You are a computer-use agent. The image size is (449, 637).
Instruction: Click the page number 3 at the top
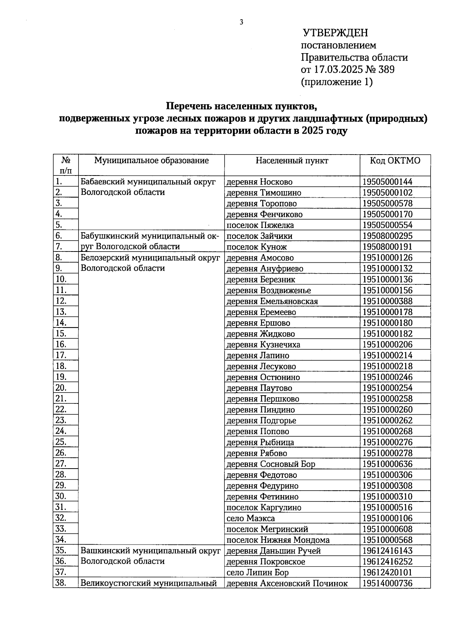click(241, 22)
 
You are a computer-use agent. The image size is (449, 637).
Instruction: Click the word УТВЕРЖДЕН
click(335, 33)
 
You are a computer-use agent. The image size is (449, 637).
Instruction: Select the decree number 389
click(387, 70)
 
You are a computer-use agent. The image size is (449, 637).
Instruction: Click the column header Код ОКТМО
click(395, 161)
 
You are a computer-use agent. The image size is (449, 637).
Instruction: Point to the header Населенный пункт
click(292, 161)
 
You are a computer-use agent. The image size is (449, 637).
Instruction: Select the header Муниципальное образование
click(151, 161)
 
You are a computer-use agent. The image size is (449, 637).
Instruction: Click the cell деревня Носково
click(260, 182)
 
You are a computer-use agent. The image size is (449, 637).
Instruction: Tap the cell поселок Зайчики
click(260, 236)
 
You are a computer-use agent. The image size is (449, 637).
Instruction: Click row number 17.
click(61, 355)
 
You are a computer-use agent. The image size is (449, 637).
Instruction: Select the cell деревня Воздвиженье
click(269, 290)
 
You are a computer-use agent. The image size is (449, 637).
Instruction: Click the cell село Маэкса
click(251, 518)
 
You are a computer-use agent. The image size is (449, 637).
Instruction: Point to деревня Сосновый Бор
click(271, 464)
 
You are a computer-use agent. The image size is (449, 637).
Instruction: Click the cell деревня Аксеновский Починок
click(287, 583)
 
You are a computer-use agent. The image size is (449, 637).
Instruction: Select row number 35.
click(61, 551)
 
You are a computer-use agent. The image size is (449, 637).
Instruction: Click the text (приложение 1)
click(337, 82)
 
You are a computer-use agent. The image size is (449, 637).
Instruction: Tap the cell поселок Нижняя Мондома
click(278, 540)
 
